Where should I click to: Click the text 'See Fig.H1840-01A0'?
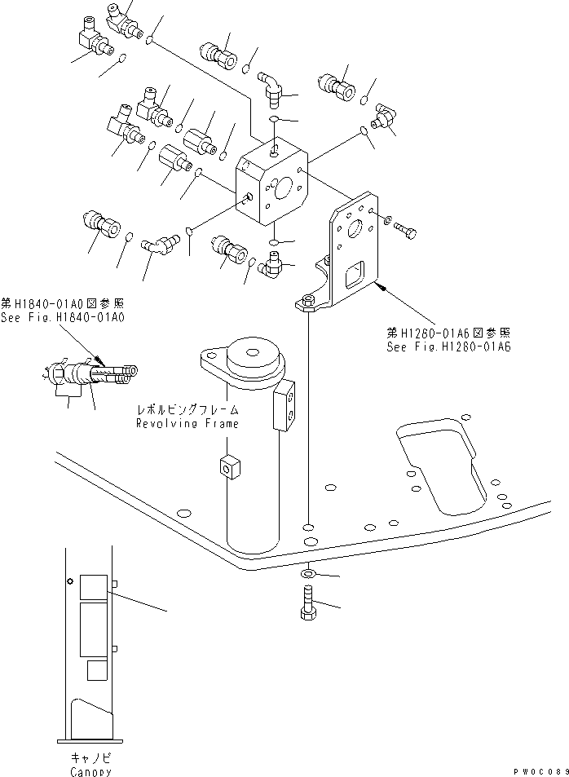point(63,317)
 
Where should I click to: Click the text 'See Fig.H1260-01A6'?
point(448,347)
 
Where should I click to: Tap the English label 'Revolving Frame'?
point(188,424)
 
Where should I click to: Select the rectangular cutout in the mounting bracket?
point(356,276)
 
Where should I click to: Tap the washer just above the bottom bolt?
point(308,575)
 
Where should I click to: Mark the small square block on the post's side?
point(228,467)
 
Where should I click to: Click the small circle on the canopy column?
point(71,582)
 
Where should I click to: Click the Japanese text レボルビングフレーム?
point(188,412)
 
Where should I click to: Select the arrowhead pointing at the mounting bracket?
point(379,285)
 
